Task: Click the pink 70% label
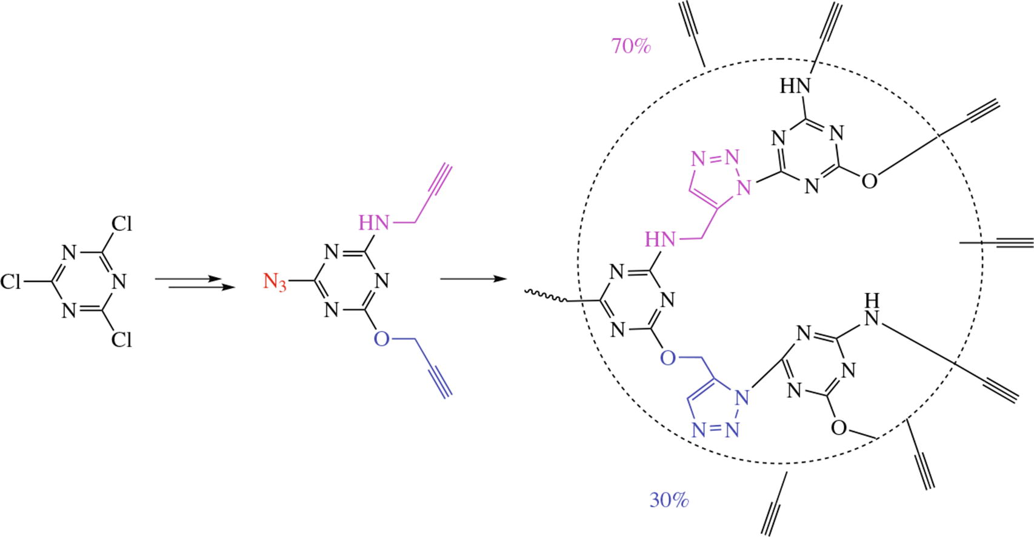tap(631, 46)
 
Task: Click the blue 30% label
tap(669, 500)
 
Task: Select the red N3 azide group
tap(275, 282)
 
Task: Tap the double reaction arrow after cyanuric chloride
tap(195, 282)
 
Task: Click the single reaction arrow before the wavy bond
tap(473, 279)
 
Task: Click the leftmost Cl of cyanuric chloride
tap(11, 282)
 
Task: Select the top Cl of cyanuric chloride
tap(121, 224)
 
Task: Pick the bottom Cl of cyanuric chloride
tap(121, 340)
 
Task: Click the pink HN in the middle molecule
tap(373, 223)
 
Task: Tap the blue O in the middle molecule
tap(381, 338)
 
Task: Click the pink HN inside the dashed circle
tap(660, 239)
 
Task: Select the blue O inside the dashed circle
tap(667, 358)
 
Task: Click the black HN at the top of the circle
tap(795, 86)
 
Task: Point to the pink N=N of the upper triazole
tap(715, 159)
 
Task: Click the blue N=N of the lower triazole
tap(715, 430)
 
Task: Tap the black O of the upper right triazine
tap(869, 181)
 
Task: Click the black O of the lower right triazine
tap(838, 428)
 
